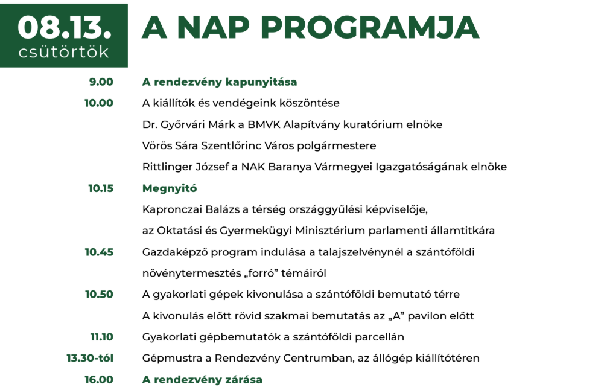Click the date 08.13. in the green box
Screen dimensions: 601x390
[x=65, y=28]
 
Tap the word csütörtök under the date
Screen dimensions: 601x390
[x=63, y=52]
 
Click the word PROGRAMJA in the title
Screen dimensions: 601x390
[x=370, y=28]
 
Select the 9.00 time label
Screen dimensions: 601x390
[x=101, y=82]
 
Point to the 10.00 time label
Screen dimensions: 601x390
[x=99, y=103]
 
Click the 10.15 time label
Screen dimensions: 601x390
[x=101, y=188]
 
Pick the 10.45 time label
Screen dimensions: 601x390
[x=100, y=252]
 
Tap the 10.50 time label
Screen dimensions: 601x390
[x=100, y=295]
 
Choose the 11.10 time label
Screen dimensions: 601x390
[x=102, y=337]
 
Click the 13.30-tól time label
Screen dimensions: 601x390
[x=90, y=358]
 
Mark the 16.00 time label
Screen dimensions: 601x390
[x=99, y=380]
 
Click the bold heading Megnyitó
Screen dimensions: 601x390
[x=170, y=189]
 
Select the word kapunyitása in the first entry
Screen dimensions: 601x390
[x=261, y=83]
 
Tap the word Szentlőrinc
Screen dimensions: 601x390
[x=234, y=145]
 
